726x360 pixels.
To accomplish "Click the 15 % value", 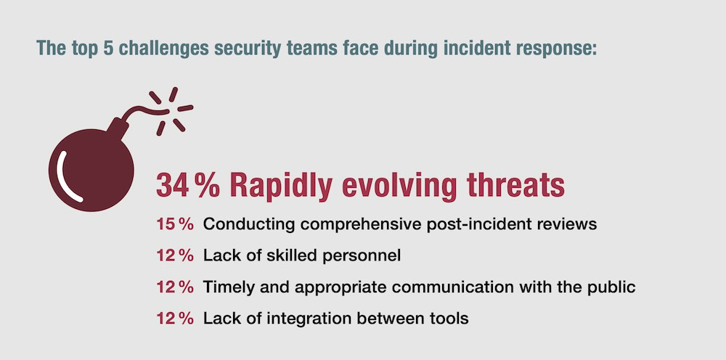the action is tap(174, 224).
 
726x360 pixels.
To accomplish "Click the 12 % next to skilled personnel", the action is tap(174, 256).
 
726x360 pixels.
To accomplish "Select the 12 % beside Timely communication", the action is tap(174, 287).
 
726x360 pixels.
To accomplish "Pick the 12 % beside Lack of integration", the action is tap(174, 319).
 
